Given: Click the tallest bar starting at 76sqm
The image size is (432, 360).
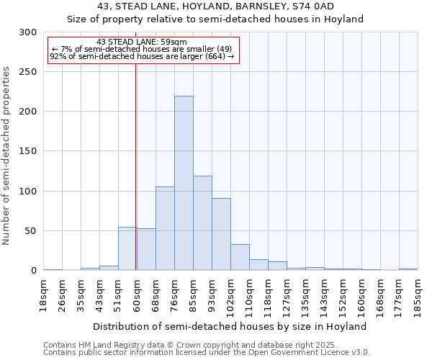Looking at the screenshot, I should pos(184,184).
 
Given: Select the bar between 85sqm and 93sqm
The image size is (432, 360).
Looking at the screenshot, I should pos(202,223).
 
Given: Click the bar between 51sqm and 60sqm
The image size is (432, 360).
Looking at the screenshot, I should pos(127,248).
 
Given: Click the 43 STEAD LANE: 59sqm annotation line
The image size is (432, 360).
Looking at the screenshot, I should pos(141,42).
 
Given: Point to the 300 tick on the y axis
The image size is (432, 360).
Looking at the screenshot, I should pos(28,32).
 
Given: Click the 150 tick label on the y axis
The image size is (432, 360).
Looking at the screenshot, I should pos(28,151).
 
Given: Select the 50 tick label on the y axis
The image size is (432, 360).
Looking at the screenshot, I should pos(31,231).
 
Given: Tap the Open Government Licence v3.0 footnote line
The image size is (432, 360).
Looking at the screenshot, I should pos(207,352).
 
